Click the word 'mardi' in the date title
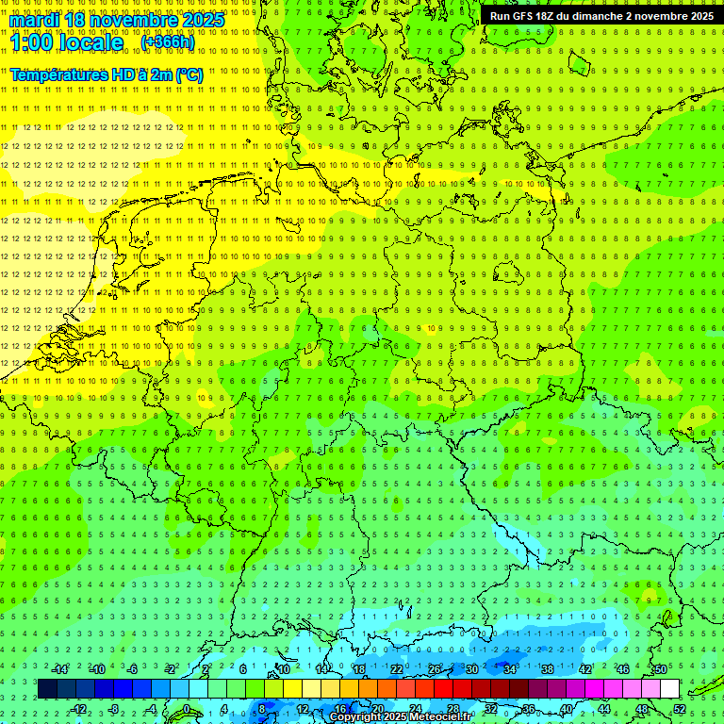(x=35, y=20)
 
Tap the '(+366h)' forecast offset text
(x=168, y=42)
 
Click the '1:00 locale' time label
(x=68, y=43)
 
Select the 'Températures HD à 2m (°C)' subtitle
(x=107, y=74)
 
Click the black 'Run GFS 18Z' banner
(x=601, y=16)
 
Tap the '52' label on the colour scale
(x=679, y=709)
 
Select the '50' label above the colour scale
(x=660, y=669)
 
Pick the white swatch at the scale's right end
(x=669, y=689)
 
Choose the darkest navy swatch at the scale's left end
(x=47, y=689)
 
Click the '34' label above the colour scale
(x=509, y=669)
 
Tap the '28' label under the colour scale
(x=452, y=709)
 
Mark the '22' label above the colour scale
(x=396, y=669)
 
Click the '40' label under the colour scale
(x=566, y=709)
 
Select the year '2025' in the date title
(x=203, y=20)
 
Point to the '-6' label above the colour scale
(x=133, y=669)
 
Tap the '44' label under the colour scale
(x=603, y=709)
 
